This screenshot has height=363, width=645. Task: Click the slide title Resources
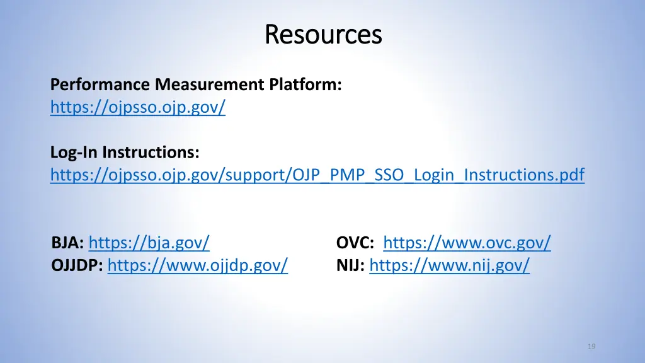(323, 34)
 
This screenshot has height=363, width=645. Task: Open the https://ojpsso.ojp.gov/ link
(138, 108)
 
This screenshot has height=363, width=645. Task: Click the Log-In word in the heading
(74, 153)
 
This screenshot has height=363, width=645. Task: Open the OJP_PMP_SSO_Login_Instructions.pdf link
(317, 175)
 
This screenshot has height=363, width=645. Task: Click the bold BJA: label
(68, 243)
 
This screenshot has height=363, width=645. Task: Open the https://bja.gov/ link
(149, 243)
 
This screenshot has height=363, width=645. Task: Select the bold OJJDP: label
(77, 266)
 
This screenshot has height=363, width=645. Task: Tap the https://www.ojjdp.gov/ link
(198, 266)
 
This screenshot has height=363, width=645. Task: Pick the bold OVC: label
(355, 243)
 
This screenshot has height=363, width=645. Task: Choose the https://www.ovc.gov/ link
(467, 243)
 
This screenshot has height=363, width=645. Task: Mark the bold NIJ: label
(350, 266)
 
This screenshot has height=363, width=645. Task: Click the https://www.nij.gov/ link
(449, 266)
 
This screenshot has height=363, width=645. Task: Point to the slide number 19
(591, 346)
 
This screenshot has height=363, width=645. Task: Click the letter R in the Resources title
(271, 34)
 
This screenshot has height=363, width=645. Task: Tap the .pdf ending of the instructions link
(569, 175)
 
